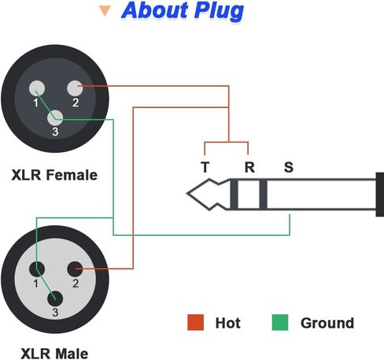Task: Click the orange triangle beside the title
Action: point(104,12)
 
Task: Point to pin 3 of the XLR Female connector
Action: point(56,118)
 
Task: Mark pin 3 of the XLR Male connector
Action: point(55,299)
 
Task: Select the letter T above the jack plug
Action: point(205,166)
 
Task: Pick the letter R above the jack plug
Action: point(249,166)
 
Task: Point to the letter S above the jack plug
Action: point(288,166)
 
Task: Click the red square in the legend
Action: point(196,322)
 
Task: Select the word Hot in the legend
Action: point(227,323)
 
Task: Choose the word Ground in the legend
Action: point(327,323)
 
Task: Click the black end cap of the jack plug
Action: point(380,194)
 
